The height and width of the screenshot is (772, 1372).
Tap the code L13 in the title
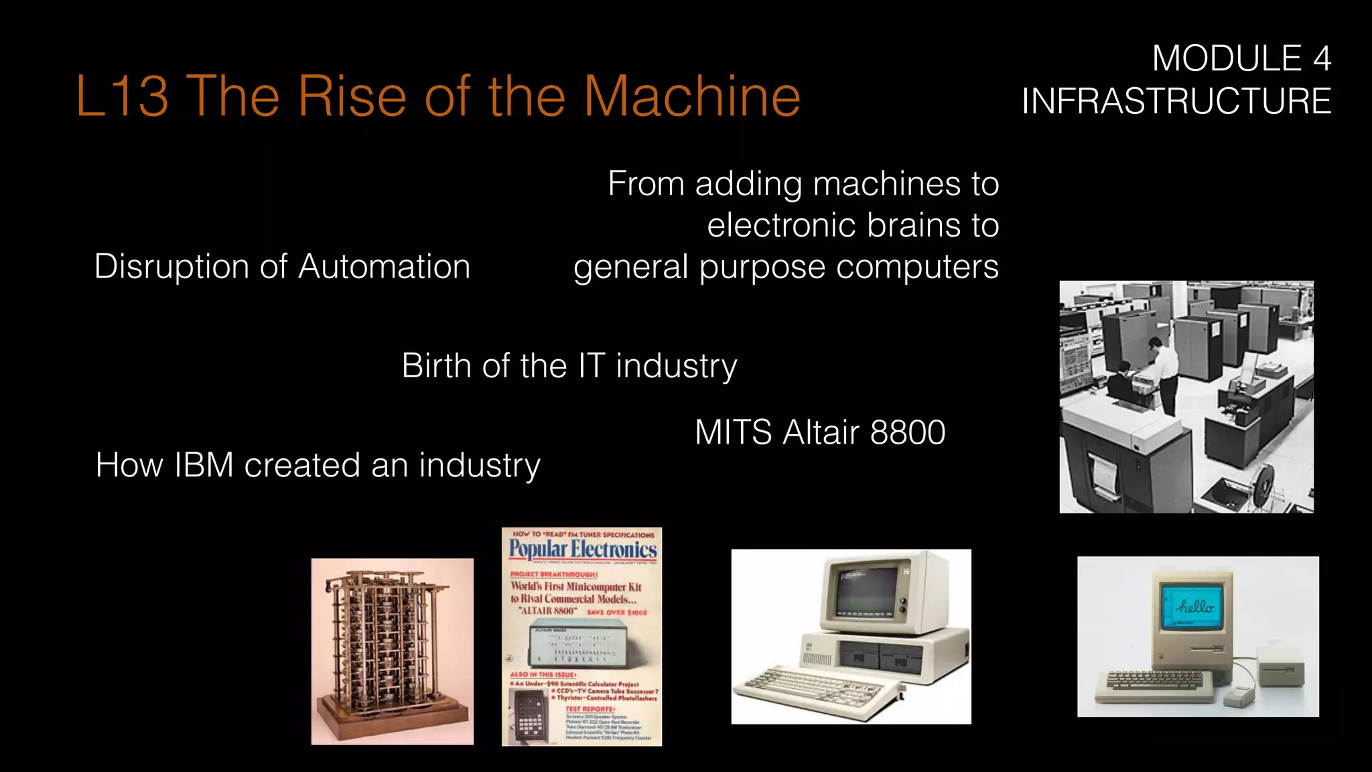pyautogui.click(x=121, y=96)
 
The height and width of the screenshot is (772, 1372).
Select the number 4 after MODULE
pyautogui.click(x=1321, y=59)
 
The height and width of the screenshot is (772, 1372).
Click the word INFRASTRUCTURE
pyautogui.click(x=1176, y=101)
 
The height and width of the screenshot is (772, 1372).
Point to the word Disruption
pyautogui.click(x=172, y=267)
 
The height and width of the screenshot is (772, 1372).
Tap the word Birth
pyautogui.click(x=436, y=366)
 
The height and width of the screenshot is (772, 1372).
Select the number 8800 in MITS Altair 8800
pyautogui.click(x=907, y=432)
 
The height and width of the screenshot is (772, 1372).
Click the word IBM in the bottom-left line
pyautogui.click(x=203, y=465)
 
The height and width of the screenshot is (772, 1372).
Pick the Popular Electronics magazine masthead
pyautogui.click(x=582, y=550)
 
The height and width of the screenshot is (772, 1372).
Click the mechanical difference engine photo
pyautogui.click(x=392, y=650)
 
